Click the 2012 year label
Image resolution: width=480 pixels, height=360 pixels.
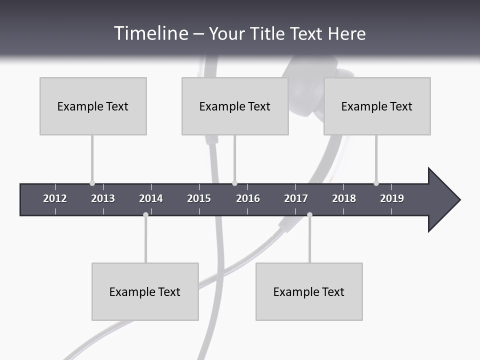click(55, 198)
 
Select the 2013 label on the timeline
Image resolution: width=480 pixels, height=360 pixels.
click(103, 198)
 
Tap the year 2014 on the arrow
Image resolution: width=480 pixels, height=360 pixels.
click(151, 198)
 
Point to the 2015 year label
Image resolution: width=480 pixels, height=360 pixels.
click(199, 198)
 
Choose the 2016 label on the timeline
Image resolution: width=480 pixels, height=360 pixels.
click(248, 198)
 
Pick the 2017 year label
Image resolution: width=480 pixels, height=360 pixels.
click(296, 198)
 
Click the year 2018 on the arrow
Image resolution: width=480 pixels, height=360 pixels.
click(344, 198)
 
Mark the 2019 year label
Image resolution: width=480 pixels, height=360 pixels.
click(392, 198)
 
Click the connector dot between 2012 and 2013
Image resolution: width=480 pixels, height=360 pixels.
click(92, 183)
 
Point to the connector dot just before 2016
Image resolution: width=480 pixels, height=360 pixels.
click(234, 183)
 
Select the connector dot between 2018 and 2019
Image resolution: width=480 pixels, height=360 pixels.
click(376, 183)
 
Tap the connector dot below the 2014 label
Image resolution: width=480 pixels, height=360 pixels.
click(145, 214)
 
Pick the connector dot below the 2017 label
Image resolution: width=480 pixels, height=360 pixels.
click(309, 214)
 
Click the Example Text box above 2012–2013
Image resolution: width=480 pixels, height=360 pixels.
click(93, 106)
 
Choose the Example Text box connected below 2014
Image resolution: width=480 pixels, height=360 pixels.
click(145, 291)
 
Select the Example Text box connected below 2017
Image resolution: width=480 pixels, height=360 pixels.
click(309, 291)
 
